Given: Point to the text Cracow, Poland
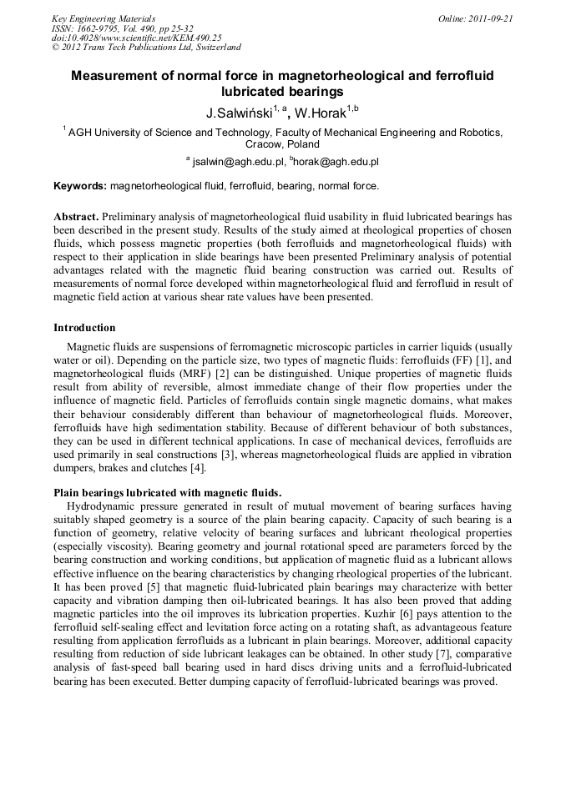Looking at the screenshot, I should [x=284, y=144].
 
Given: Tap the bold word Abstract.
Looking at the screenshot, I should [x=75, y=215].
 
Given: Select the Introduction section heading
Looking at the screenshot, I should [x=84, y=328].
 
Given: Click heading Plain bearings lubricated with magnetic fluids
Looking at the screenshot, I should [x=167, y=493].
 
